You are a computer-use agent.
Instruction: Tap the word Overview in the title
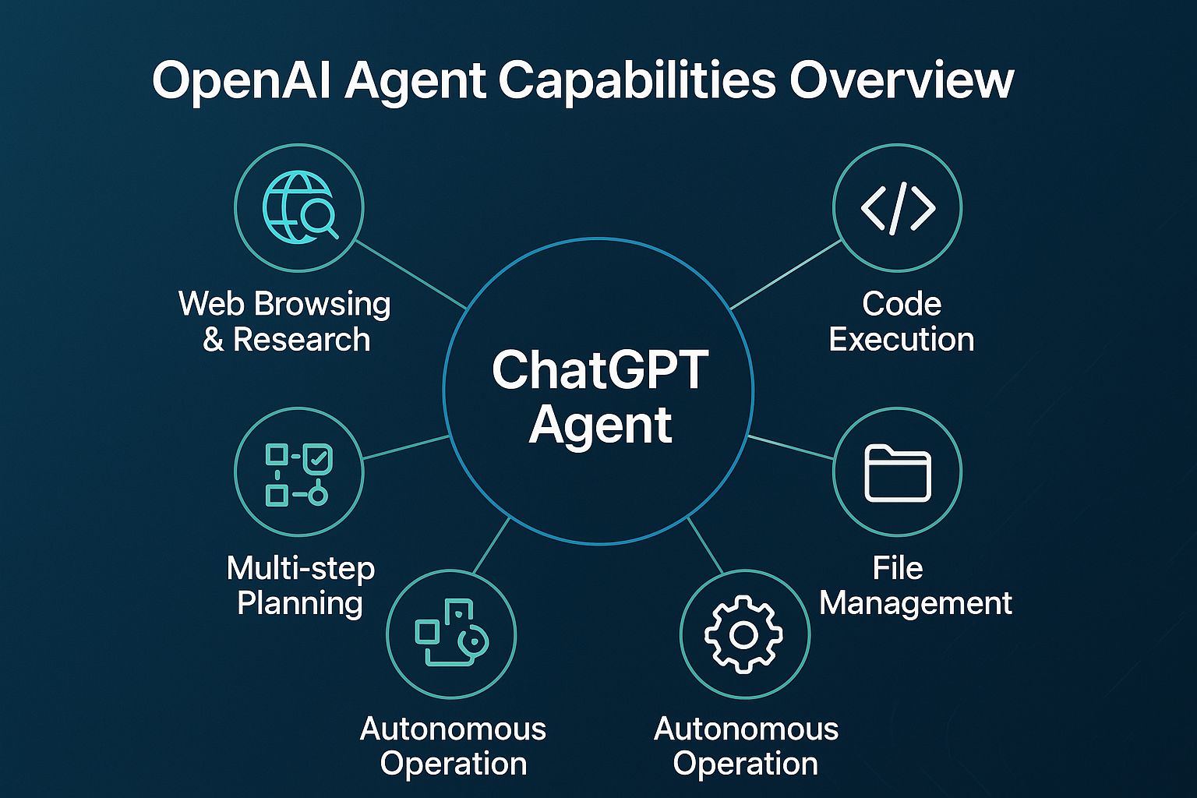pyautogui.click(x=901, y=80)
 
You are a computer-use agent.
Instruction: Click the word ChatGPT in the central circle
pyautogui.click(x=600, y=370)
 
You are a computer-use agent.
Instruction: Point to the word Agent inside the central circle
pyautogui.click(x=600, y=425)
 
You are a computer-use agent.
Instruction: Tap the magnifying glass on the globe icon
pyautogui.click(x=319, y=219)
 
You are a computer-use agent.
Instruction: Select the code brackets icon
pyautogui.click(x=898, y=208)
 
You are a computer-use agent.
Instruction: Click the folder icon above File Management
pyautogui.click(x=898, y=473)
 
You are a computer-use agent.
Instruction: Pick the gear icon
pyautogui.click(x=744, y=635)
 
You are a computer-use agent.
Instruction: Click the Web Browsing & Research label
pyautogui.click(x=284, y=321)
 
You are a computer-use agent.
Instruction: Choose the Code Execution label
pyautogui.click(x=902, y=321)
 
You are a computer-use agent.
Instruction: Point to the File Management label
pyautogui.click(x=916, y=586)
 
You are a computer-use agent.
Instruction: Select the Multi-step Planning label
pyautogui.click(x=300, y=586)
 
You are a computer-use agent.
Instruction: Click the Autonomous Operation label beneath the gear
pyautogui.click(x=746, y=746)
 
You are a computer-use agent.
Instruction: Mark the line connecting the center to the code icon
pyautogui.click(x=786, y=275)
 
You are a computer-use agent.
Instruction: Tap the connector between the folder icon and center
pyautogui.click(x=791, y=447)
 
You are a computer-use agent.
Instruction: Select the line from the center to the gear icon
pyautogui.click(x=705, y=546)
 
